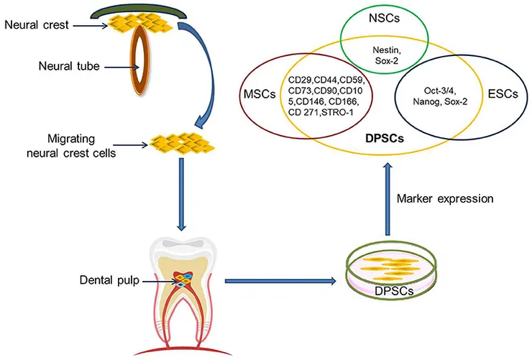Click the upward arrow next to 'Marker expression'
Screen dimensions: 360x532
point(388,199)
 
